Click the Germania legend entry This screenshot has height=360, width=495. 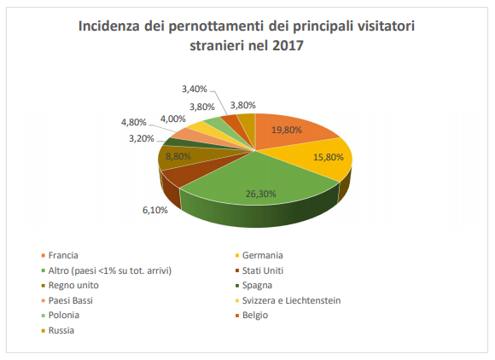(261, 255)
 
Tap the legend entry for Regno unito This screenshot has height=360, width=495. (73, 286)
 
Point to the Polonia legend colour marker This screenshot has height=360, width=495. (43, 316)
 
